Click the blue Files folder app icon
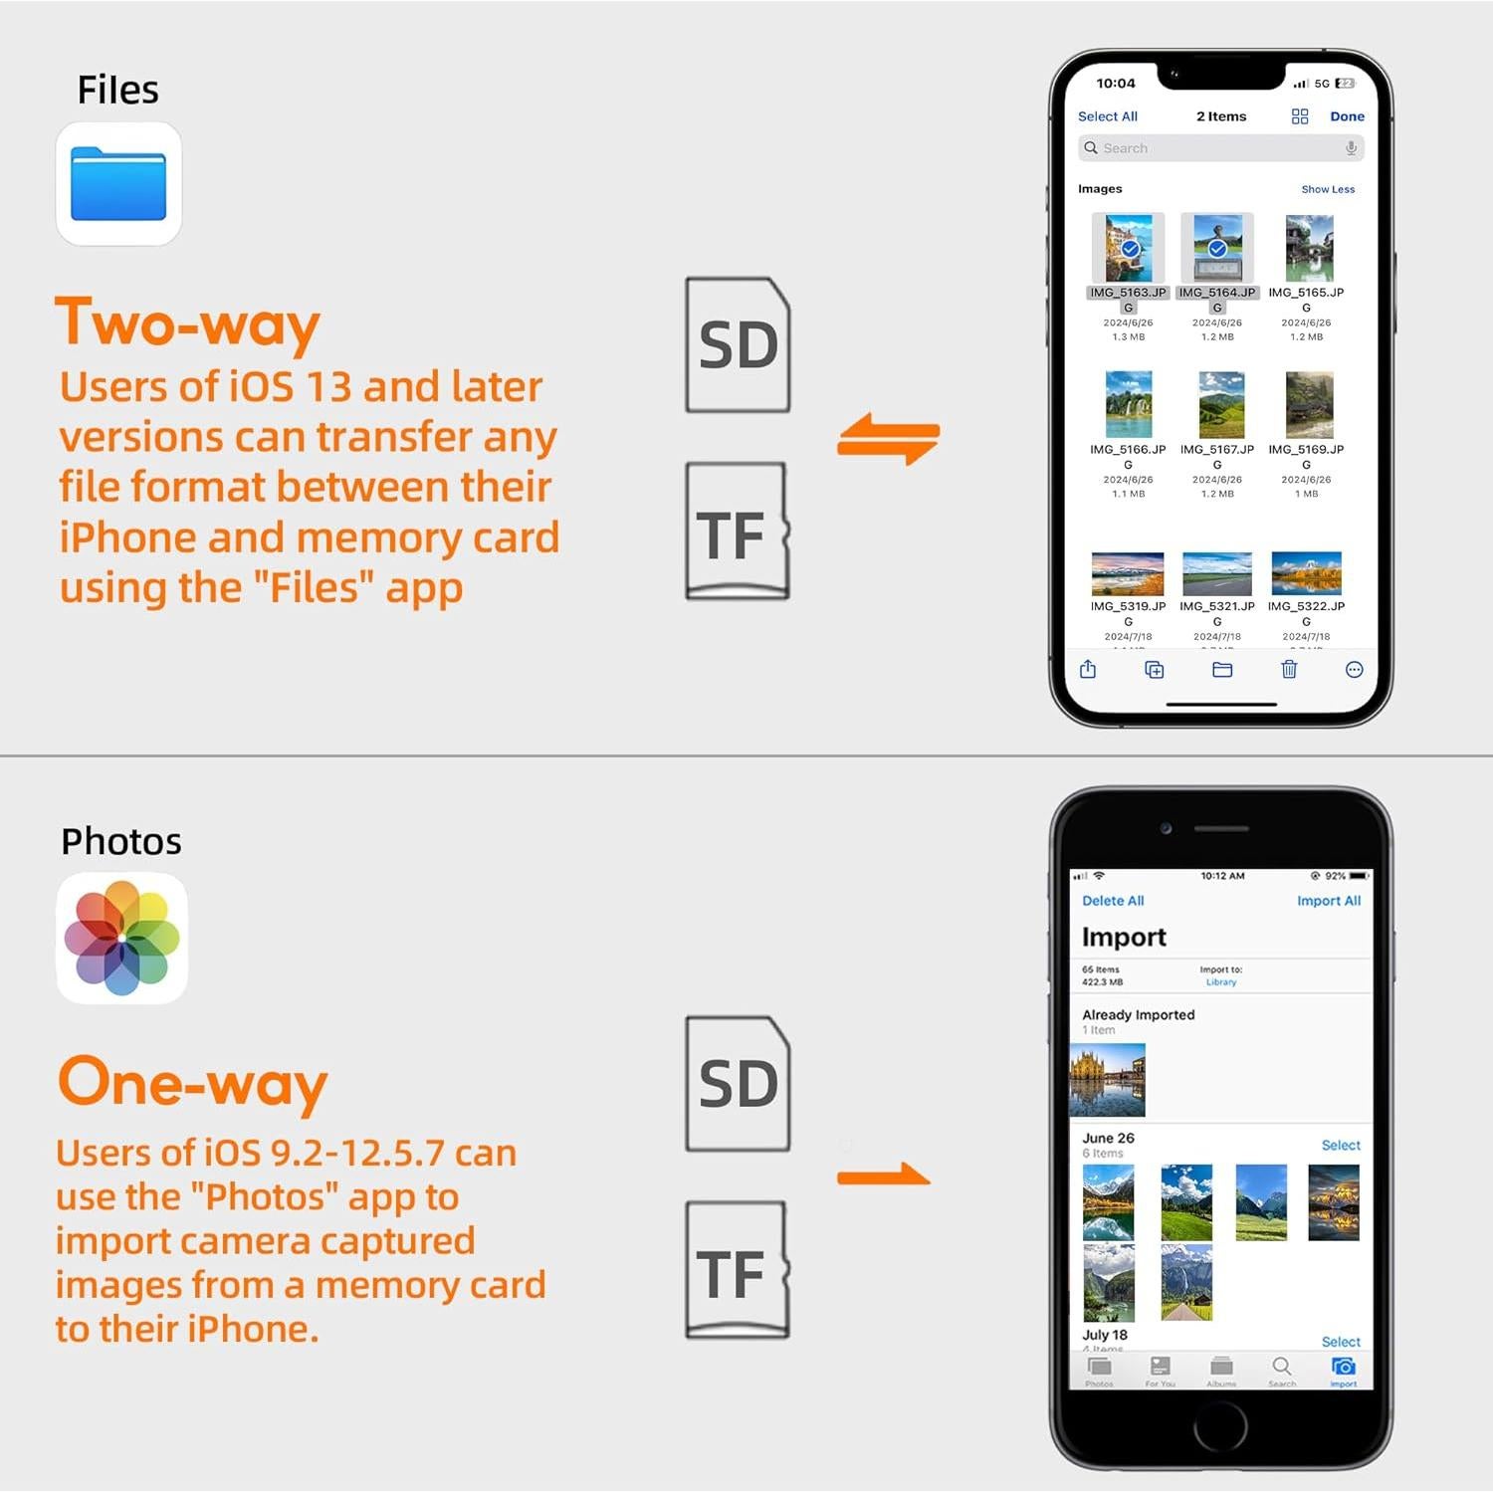click(118, 184)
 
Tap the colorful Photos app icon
click(121, 938)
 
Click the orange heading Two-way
click(188, 323)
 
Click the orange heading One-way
click(192, 1082)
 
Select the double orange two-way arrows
click(888, 439)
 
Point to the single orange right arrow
click(883, 1175)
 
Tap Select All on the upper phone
click(1107, 116)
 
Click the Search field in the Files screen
click(1220, 148)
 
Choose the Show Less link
click(1327, 189)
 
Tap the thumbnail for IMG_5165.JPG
click(1308, 249)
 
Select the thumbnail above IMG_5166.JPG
click(1128, 404)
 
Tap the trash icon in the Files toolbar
click(1289, 670)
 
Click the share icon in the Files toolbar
click(1088, 670)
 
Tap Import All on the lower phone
click(1328, 901)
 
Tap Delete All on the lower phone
click(1113, 901)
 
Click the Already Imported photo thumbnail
click(1107, 1080)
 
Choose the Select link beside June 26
click(1340, 1146)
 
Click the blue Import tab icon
click(1343, 1368)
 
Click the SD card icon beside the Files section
click(738, 345)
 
